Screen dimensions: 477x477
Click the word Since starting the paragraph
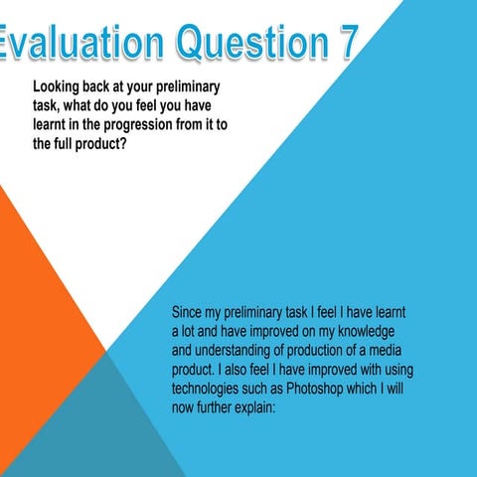pos(190,313)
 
